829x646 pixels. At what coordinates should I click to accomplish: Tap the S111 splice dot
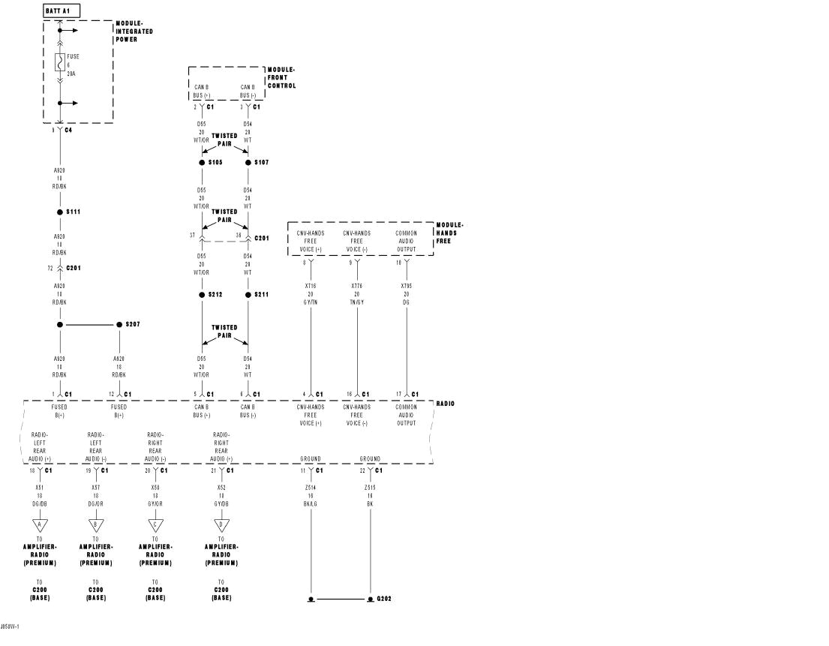(x=60, y=212)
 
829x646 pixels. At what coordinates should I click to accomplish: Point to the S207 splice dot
(x=119, y=325)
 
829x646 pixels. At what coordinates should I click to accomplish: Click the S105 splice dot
(x=202, y=162)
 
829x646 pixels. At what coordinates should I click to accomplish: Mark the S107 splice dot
(x=248, y=162)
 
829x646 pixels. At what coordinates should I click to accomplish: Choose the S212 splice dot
(x=202, y=295)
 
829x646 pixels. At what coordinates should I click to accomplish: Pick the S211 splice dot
(x=248, y=295)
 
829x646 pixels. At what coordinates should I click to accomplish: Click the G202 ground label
(x=383, y=599)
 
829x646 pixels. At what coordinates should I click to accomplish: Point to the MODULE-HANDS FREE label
(x=449, y=233)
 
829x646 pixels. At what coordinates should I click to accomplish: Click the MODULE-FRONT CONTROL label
(x=281, y=77)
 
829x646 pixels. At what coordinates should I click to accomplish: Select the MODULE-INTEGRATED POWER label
(x=134, y=32)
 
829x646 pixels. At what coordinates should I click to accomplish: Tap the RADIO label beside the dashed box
(x=445, y=404)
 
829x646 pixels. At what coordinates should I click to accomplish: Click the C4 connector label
(x=68, y=130)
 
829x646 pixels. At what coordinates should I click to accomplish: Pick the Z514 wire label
(x=311, y=487)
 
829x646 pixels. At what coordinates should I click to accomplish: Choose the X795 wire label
(x=406, y=286)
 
